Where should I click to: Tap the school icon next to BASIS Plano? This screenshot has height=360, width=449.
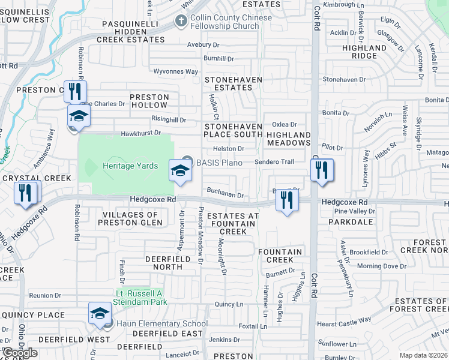click(179, 170)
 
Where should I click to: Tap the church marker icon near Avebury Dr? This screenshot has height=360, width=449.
click(181, 22)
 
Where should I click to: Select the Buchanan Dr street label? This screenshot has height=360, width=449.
click(225, 195)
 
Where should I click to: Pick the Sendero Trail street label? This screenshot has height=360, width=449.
click(274, 162)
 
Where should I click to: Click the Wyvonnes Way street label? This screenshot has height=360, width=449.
click(175, 71)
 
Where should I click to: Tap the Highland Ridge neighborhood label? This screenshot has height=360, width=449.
click(364, 52)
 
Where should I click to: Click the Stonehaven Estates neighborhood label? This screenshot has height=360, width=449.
click(229, 83)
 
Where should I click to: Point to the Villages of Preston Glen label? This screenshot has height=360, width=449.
click(123, 218)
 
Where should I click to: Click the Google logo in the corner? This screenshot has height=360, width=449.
click(20, 353)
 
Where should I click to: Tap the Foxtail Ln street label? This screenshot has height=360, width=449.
click(253, 327)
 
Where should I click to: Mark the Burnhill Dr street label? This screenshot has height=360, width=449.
click(218, 59)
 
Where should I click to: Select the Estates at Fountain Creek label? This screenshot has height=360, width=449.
click(232, 224)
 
